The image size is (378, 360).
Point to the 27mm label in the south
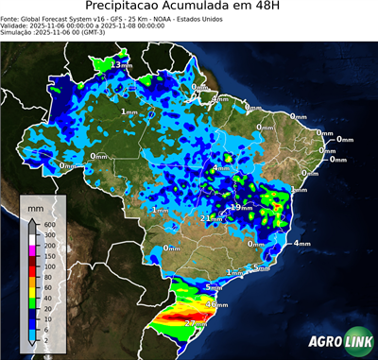(x=196, y=324)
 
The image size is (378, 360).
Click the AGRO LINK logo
(x=335, y=341)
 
